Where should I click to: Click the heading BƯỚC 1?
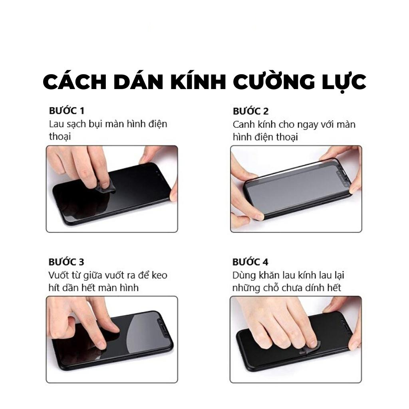(67, 111)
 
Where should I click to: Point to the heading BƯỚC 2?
(251, 111)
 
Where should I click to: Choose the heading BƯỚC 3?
(66, 262)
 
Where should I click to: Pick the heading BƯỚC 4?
(250, 262)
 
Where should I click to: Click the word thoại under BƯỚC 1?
(60, 137)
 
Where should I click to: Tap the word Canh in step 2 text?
(244, 124)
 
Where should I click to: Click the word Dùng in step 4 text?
(244, 275)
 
